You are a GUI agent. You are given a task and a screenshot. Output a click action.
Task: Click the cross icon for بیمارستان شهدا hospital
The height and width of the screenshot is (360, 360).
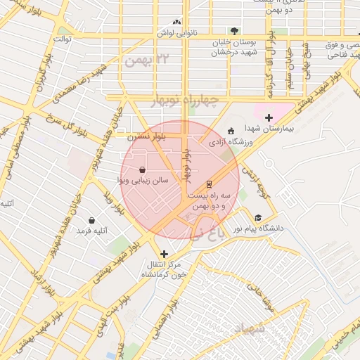(269, 117)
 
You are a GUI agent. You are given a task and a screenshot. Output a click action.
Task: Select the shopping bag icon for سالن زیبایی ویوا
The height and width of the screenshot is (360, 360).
(143, 169)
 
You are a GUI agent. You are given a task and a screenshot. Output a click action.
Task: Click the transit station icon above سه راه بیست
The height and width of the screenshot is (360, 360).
(209, 182)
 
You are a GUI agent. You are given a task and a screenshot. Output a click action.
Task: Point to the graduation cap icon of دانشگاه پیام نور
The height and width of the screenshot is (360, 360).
(258, 218)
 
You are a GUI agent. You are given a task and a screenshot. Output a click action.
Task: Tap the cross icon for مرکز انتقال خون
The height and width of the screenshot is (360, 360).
(164, 254)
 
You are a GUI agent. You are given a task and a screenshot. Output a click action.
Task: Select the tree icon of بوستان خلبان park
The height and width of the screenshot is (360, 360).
(234, 32)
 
